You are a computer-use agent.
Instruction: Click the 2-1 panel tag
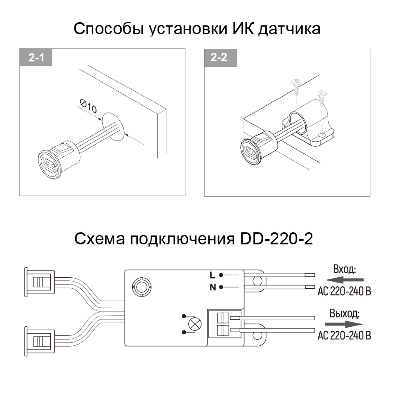pos(36,58)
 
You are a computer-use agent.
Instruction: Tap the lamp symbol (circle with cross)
pos(193,326)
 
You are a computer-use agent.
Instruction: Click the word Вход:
pos(345,270)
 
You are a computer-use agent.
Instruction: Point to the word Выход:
pos(345,314)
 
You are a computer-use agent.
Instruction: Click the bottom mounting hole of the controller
pos(257,336)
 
